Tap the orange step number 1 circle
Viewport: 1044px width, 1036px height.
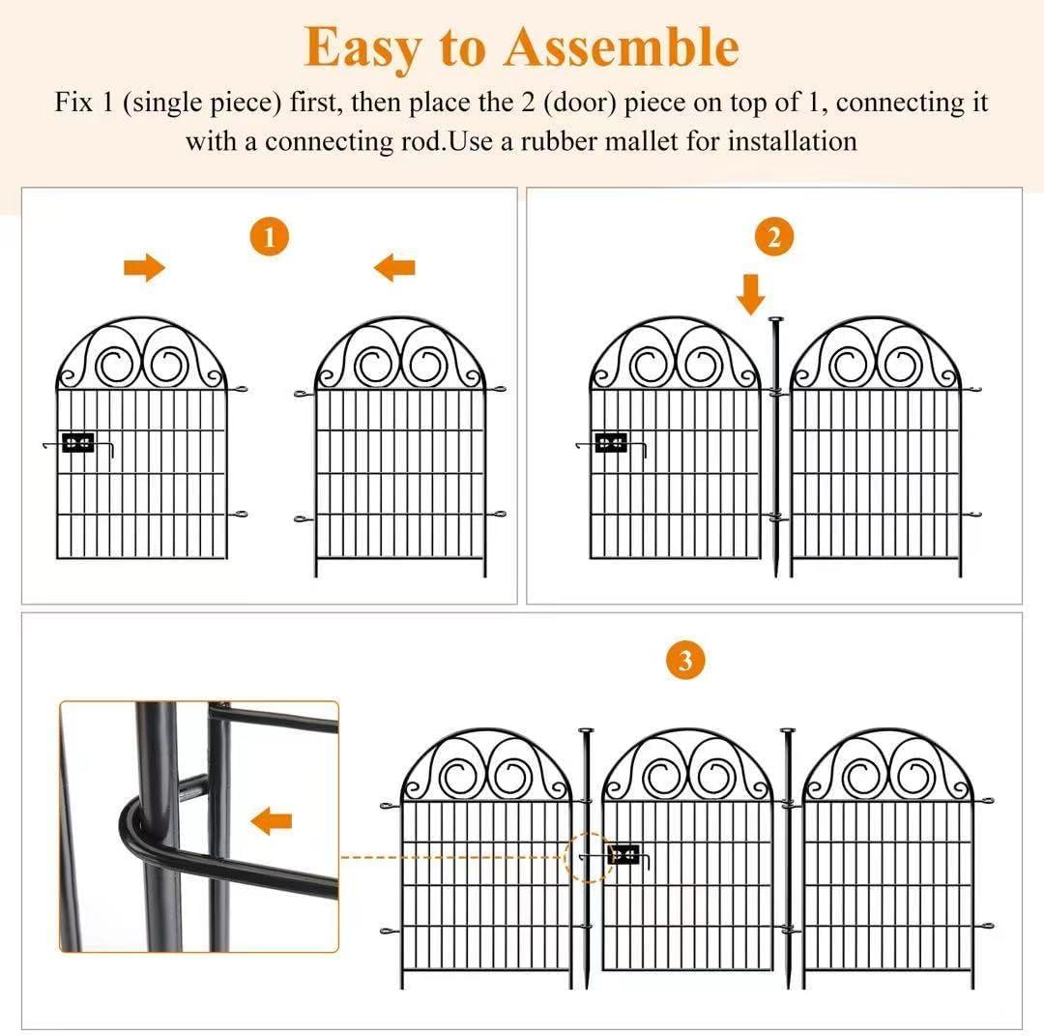269,237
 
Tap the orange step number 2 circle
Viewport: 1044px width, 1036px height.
773,237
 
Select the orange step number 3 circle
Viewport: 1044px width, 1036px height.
685,662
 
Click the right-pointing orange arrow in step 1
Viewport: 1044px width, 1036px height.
145,268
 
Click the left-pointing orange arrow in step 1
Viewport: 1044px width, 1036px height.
394,267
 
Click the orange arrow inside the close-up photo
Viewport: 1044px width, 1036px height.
271,822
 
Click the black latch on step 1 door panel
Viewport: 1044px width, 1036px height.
77,443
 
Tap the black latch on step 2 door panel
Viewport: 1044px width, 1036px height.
611,443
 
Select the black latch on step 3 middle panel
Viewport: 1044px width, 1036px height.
623,854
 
